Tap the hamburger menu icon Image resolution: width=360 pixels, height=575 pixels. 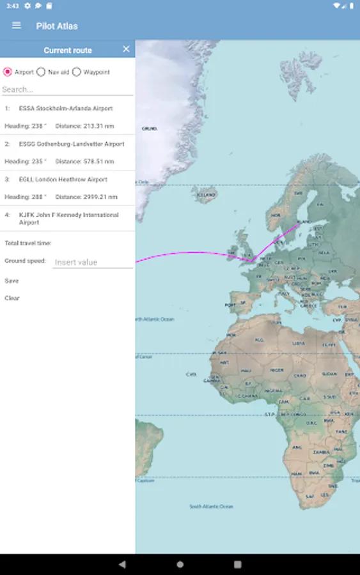pos(17,26)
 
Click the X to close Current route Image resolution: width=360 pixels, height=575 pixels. pos(126,49)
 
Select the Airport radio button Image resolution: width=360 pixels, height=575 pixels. pos(8,72)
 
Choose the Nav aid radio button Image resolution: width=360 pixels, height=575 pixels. pos(41,72)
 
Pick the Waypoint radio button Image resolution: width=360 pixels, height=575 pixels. pos(77,72)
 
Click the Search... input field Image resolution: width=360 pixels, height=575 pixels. pos(67,89)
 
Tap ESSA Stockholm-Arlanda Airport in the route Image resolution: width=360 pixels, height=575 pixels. pos(65,109)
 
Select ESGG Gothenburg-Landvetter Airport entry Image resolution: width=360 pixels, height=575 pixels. pos(71,144)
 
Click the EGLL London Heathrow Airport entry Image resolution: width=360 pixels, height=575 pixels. pos(63,180)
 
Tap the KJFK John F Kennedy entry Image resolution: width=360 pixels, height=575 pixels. pos(68,218)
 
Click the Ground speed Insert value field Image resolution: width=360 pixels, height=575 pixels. pos(92,262)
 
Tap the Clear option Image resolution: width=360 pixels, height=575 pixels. pos(12,298)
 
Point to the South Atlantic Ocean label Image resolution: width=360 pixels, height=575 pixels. pos(211,507)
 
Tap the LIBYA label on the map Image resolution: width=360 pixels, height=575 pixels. pos(298,343)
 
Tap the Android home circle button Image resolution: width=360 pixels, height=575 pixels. pos(180,564)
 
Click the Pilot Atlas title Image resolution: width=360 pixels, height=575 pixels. pos(57,26)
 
